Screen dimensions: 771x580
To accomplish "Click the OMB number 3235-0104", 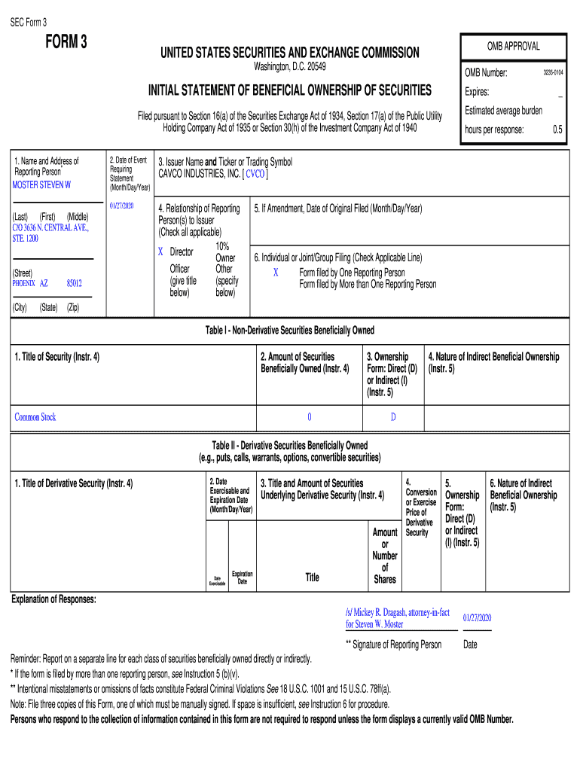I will (x=554, y=72).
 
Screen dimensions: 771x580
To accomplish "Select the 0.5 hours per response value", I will (x=557, y=130).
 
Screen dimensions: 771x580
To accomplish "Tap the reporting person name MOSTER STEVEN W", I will (x=42, y=184).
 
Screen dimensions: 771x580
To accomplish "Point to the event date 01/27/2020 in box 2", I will (x=121, y=206).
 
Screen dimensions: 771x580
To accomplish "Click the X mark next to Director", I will (x=160, y=251).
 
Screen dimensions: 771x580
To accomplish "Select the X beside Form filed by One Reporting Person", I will (x=276, y=273).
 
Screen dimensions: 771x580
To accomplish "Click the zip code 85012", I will (x=74, y=284).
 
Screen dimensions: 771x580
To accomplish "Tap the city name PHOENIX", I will (x=24, y=284).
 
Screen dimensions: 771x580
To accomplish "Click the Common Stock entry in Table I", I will (x=35, y=417).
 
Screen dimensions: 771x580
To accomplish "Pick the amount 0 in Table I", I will (x=309, y=417).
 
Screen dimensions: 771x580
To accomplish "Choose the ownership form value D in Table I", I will (x=392, y=417).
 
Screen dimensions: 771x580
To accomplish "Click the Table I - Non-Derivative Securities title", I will (x=290, y=331).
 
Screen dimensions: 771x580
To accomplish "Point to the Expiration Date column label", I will (x=242, y=577).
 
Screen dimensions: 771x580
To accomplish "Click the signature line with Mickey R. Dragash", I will (x=397, y=618).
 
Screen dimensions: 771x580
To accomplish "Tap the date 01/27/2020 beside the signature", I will (x=476, y=617).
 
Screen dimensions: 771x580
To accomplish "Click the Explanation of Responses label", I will (x=53, y=599).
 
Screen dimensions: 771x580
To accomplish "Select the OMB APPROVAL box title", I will (x=513, y=47).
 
